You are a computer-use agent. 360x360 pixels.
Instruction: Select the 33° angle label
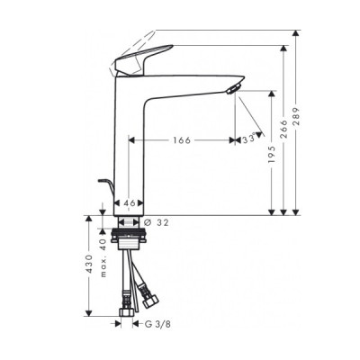248,139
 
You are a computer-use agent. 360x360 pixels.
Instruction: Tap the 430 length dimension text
88,266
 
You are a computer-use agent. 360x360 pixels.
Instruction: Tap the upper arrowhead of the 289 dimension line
294,33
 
